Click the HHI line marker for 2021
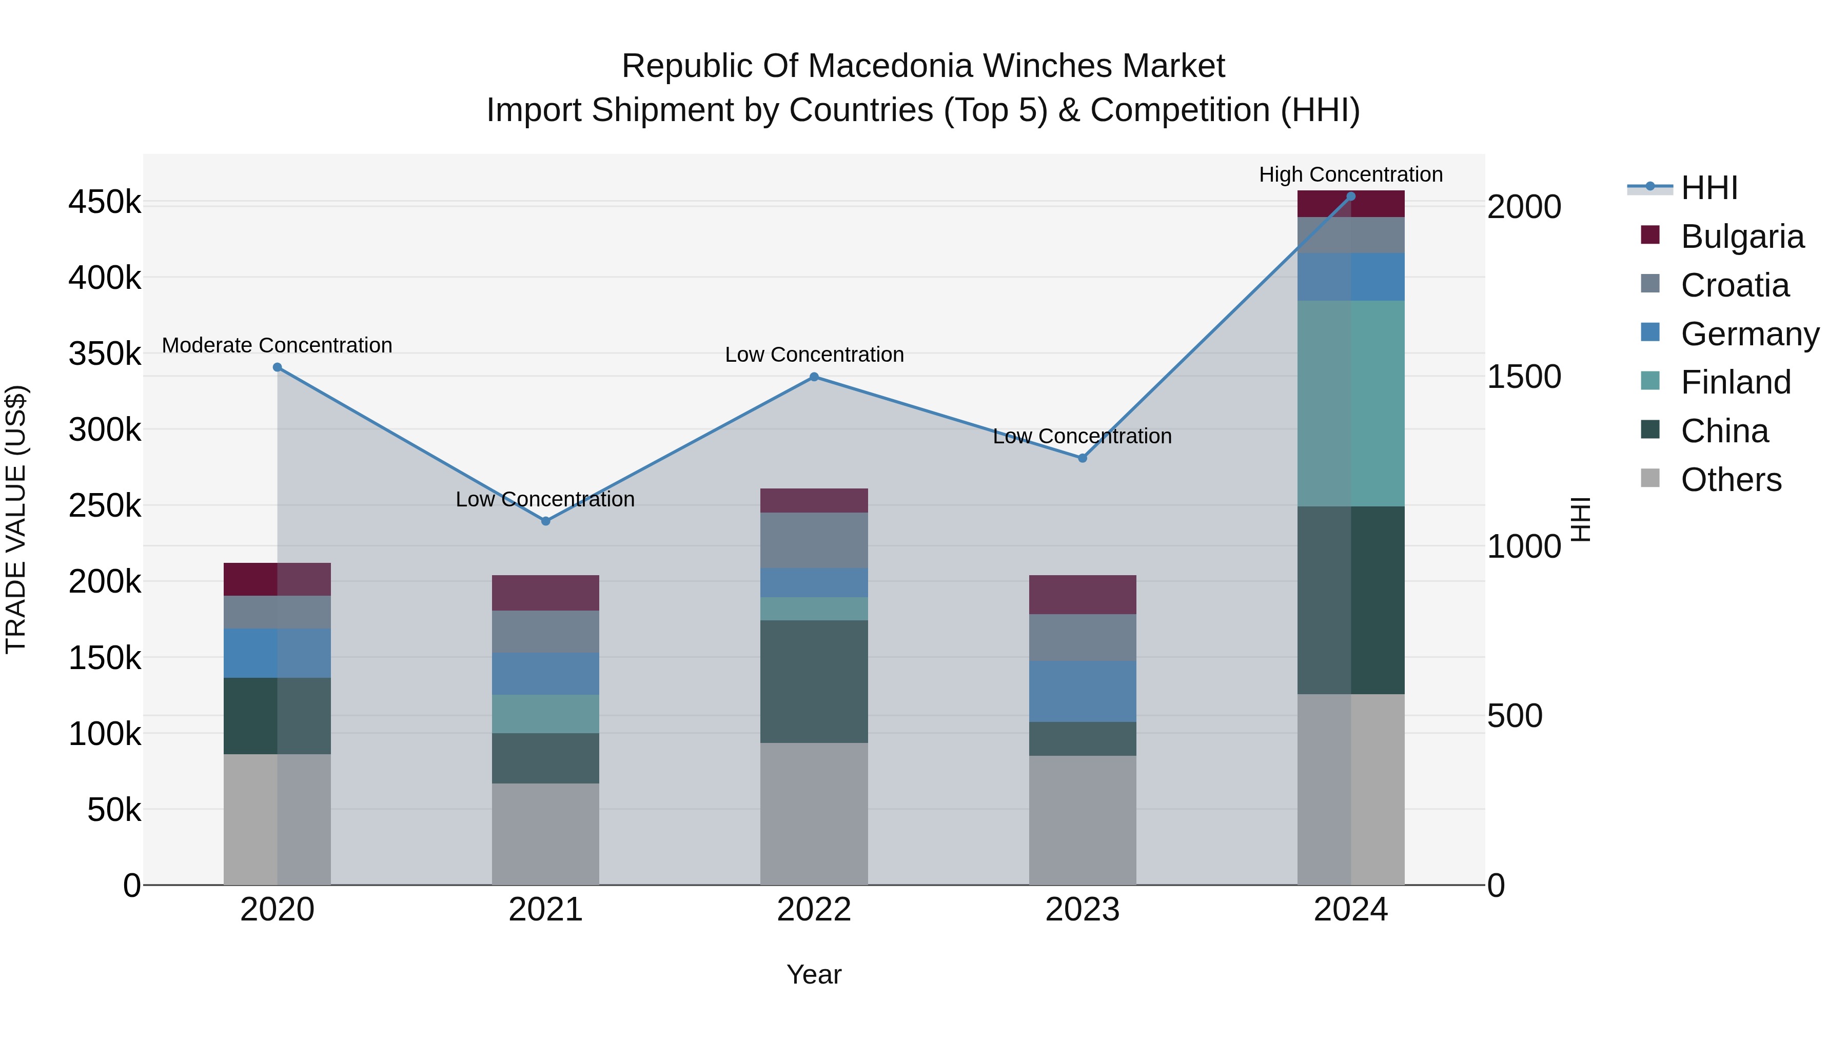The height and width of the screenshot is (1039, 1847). coord(546,521)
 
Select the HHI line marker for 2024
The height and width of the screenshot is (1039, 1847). coord(1351,197)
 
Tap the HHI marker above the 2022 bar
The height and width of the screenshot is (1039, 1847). coord(814,377)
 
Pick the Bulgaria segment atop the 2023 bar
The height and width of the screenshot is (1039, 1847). coord(1083,595)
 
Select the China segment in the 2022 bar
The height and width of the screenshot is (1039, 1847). coord(814,681)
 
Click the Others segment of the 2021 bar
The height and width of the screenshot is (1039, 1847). coord(546,833)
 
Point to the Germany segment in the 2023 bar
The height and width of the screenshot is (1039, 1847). coord(1083,691)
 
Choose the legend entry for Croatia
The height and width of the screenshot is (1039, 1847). coord(1735,285)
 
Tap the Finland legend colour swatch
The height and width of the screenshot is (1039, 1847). coord(1650,380)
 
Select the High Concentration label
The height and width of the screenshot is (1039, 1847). coord(1351,175)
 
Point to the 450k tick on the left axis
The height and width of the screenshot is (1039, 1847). coord(105,202)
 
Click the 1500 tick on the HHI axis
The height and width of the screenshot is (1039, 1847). coord(1524,377)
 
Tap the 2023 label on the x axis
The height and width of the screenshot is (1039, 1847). coord(1083,910)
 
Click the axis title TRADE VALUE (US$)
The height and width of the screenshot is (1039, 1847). coord(16,519)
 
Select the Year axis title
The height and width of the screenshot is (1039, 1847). coord(814,974)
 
